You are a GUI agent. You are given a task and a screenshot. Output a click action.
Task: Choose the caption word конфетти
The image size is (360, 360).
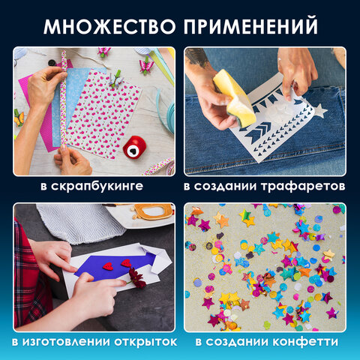tap(309, 342)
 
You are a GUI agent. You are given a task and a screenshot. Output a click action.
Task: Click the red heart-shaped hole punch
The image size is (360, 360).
tap(135, 146)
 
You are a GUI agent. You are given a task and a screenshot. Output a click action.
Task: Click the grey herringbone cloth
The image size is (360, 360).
tap(75, 221)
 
